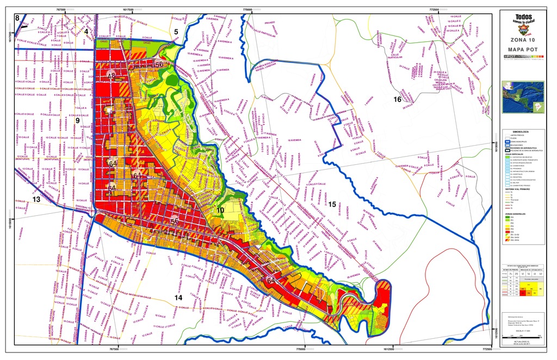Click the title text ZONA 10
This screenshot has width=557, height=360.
pyautogui.click(x=523, y=40)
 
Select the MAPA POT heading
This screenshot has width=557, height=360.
pyautogui.click(x=523, y=49)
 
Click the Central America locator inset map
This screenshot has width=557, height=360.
pyautogui.click(x=523, y=97)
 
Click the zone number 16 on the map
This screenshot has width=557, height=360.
pyautogui.click(x=398, y=100)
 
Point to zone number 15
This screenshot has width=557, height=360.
pyautogui.click(x=332, y=204)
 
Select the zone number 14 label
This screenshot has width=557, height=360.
pyautogui.click(x=178, y=297)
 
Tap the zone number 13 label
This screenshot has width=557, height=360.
pyautogui.click(x=36, y=200)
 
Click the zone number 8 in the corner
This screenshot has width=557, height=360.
pyautogui.click(x=17, y=18)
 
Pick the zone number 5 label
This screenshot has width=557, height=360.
pyautogui.click(x=176, y=32)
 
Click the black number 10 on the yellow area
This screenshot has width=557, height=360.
pyautogui.click(x=220, y=210)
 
